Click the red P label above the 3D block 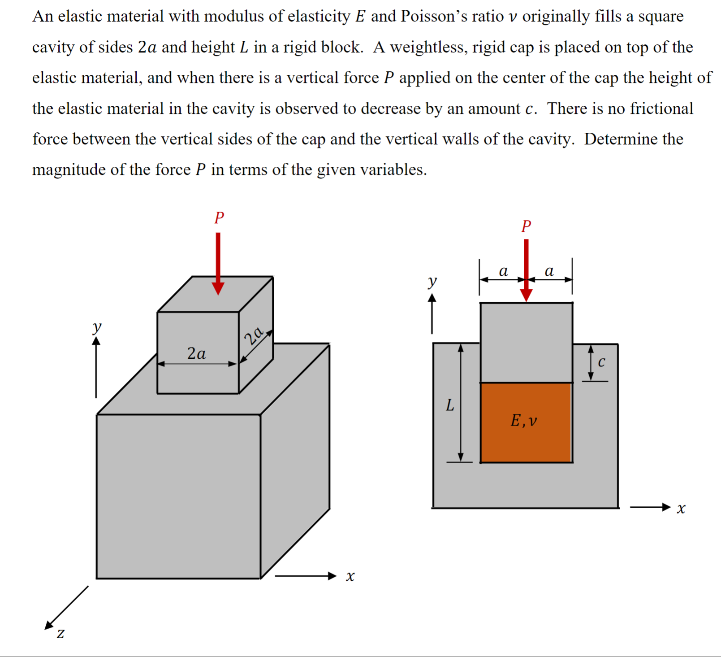pyautogui.click(x=219, y=218)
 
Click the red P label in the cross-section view pyautogui.click(x=526, y=226)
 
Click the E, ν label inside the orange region pyautogui.click(x=523, y=421)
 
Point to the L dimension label pyautogui.click(x=450, y=405)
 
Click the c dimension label pyautogui.click(x=601, y=362)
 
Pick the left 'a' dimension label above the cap pyautogui.click(x=503, y=271)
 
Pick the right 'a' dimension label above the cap pyautogui.click(x=549, y=271)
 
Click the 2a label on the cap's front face pyautogui.click(x=196, y=353)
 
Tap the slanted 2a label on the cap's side pyautogui.click(x=254, y=335)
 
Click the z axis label pyautogui.click(x=60, y=633)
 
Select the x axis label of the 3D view pyautogui.click(x=350, y=576)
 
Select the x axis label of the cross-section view pyautogui.click(x=681, y=509)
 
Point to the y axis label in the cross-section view pyautogui.click(x=432, y=281)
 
